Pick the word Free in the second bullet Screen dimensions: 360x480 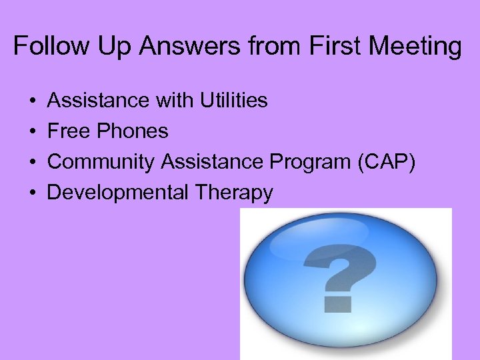69,131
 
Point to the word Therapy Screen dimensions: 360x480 234,193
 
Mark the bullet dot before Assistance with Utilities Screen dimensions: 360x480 32,101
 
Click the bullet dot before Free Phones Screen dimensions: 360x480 32,132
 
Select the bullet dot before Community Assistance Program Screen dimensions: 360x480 32,163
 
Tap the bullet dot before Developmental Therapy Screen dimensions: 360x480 32,193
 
